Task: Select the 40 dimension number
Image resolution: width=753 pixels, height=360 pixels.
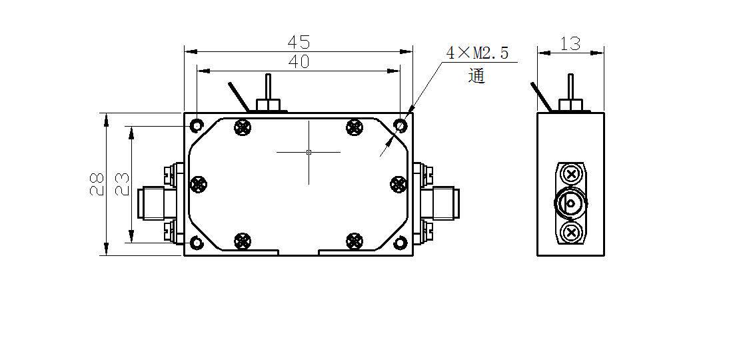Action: (299, 61)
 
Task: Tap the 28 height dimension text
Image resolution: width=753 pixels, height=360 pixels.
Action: (97, 184)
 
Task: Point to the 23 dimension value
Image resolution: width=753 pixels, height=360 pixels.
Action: (122, 184)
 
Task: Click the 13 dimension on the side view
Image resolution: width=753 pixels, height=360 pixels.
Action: (570, 44)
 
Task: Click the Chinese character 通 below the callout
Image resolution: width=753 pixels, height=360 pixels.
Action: (476, 76)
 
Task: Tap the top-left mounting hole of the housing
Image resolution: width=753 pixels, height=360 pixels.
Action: (197, 125)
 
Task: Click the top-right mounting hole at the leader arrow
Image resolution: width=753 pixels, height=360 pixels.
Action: (400, 125)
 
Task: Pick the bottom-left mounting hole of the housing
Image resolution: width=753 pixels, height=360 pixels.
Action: (197, 243)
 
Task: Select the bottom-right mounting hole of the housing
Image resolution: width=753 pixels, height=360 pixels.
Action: (400, 243)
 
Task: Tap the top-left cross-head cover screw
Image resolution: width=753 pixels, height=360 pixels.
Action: (243, 127)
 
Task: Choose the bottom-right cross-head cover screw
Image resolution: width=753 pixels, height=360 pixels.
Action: (355, 240)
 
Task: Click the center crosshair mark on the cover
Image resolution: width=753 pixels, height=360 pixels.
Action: (309, 152)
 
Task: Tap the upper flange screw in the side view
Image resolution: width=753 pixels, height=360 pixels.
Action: (570, 175)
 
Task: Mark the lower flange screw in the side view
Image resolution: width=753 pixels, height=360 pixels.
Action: (570, 232)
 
